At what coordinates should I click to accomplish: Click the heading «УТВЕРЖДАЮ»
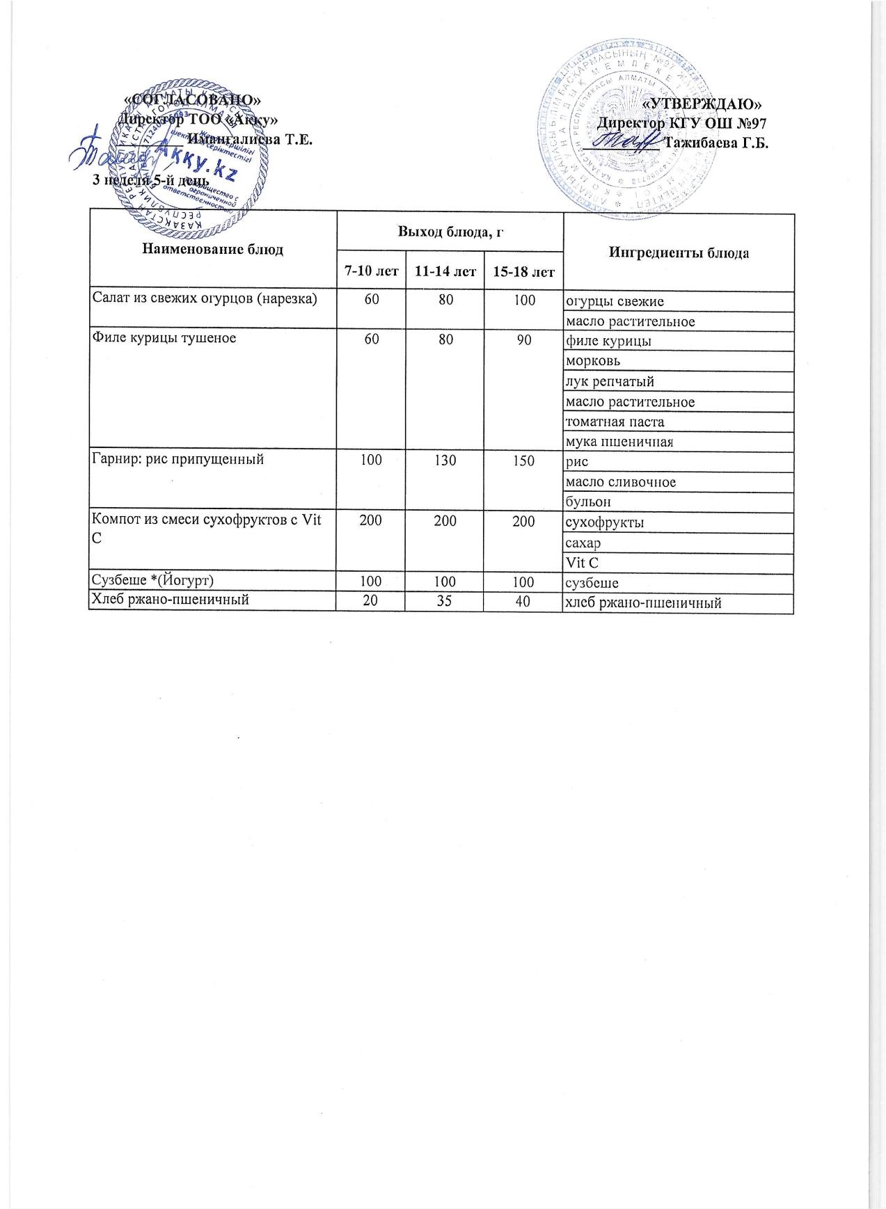pos(702,104)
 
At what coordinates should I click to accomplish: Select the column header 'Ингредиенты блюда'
pos(679,253)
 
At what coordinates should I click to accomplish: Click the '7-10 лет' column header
pos(370,271)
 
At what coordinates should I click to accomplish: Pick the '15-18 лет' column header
pos(523,271)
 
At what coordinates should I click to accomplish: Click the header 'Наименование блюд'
pos(212,249)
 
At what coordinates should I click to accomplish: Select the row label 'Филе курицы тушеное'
pos(164,339)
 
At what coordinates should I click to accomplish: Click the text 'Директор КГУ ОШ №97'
pos(682,124)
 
